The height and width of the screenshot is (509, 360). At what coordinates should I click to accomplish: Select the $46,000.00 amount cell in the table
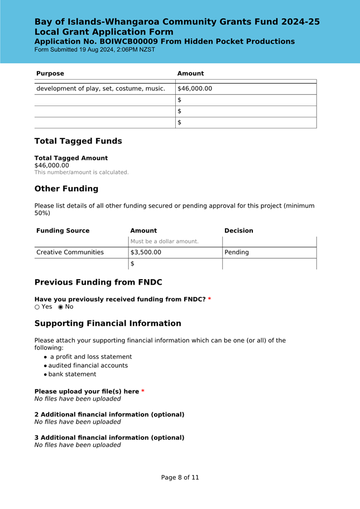pyautogui.click(x=195, y=89)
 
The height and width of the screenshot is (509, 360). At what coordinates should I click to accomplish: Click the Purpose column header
pyautogui.click(x=50, y=74)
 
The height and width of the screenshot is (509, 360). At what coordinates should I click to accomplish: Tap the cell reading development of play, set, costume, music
pyautogui.click(x=100, y=89)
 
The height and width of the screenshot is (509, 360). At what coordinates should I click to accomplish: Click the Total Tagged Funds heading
pyautogui.click(x=78, y=141)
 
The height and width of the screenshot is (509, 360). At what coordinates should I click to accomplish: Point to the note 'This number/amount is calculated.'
pyautogui.click(x=81, y=172)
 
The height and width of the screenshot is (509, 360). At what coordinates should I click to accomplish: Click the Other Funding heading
pyautogui.click(x=66, y=189)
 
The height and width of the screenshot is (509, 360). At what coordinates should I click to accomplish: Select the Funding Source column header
pyautogui.click(x=63, y=231)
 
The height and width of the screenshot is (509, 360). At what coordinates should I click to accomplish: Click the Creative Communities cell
pyautogui.click(x=70, y=252)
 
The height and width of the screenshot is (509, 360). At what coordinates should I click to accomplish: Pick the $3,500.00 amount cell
pyautogui.click(x=146, y=252)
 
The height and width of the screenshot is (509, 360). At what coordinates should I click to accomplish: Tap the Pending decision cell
pyautogui.click(x=237, y=252)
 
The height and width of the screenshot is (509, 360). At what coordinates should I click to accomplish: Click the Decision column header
pyautogui.click(x=238, y=231)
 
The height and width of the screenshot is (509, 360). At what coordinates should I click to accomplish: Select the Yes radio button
pyautogui.click(x=37, y=307)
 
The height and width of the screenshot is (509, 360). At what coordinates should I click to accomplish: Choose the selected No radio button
pyautogui.click(x=61, y=307)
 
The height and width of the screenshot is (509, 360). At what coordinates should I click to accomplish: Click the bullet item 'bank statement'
pyautogui.click(x=72, y=374)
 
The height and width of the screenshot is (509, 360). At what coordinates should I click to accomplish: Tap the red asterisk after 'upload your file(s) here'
pyautogui.click(x=143, y=392)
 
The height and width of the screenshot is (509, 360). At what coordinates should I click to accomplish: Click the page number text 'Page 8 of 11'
pyautogui.click(x=180, y=478)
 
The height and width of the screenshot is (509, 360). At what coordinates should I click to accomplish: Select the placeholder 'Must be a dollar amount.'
pyautogui.click(x=164, y=242)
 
